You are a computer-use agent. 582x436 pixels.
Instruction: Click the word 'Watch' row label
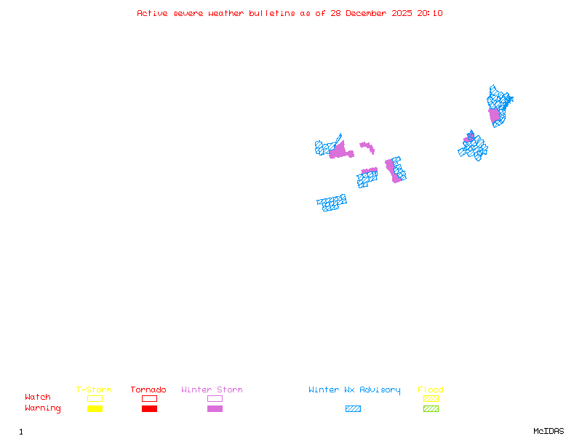38,397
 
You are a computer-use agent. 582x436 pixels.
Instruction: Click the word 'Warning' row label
43,408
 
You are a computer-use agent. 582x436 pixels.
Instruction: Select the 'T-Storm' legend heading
94,390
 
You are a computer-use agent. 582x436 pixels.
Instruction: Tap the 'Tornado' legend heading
148,390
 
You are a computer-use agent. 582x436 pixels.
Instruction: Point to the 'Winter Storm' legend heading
212,390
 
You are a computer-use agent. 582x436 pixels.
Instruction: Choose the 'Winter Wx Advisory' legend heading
354,390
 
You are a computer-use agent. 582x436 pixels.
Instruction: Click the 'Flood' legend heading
431,390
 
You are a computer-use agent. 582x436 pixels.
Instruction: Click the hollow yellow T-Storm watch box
95,398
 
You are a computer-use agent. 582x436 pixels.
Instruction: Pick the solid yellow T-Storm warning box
95,409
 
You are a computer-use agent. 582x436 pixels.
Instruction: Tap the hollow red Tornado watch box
149,398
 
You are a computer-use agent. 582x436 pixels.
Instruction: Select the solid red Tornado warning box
149,409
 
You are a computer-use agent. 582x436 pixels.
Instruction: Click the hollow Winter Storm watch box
215,398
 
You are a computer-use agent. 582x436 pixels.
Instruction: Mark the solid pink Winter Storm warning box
215,409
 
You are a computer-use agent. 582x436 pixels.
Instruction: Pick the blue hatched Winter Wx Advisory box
353,409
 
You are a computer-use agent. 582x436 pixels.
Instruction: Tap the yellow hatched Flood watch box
431,398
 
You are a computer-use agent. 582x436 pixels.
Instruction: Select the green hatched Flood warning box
431,409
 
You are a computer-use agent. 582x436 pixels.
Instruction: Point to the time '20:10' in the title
428,14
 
